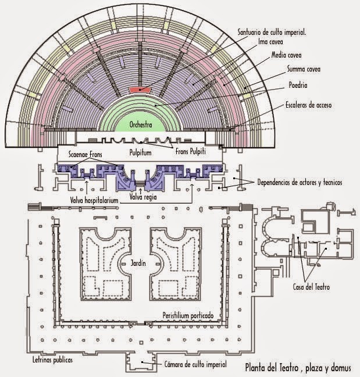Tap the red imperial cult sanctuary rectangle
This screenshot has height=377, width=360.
(x=140, y=90)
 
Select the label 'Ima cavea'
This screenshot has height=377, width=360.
(x=270, y=42)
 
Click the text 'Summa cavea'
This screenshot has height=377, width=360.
(x=304, y=70)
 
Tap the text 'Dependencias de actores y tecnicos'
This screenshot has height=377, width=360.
(x=300, y=183)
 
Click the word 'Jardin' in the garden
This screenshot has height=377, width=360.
(x=138, y=264)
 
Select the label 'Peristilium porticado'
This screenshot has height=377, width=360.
(x=187, y=315)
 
